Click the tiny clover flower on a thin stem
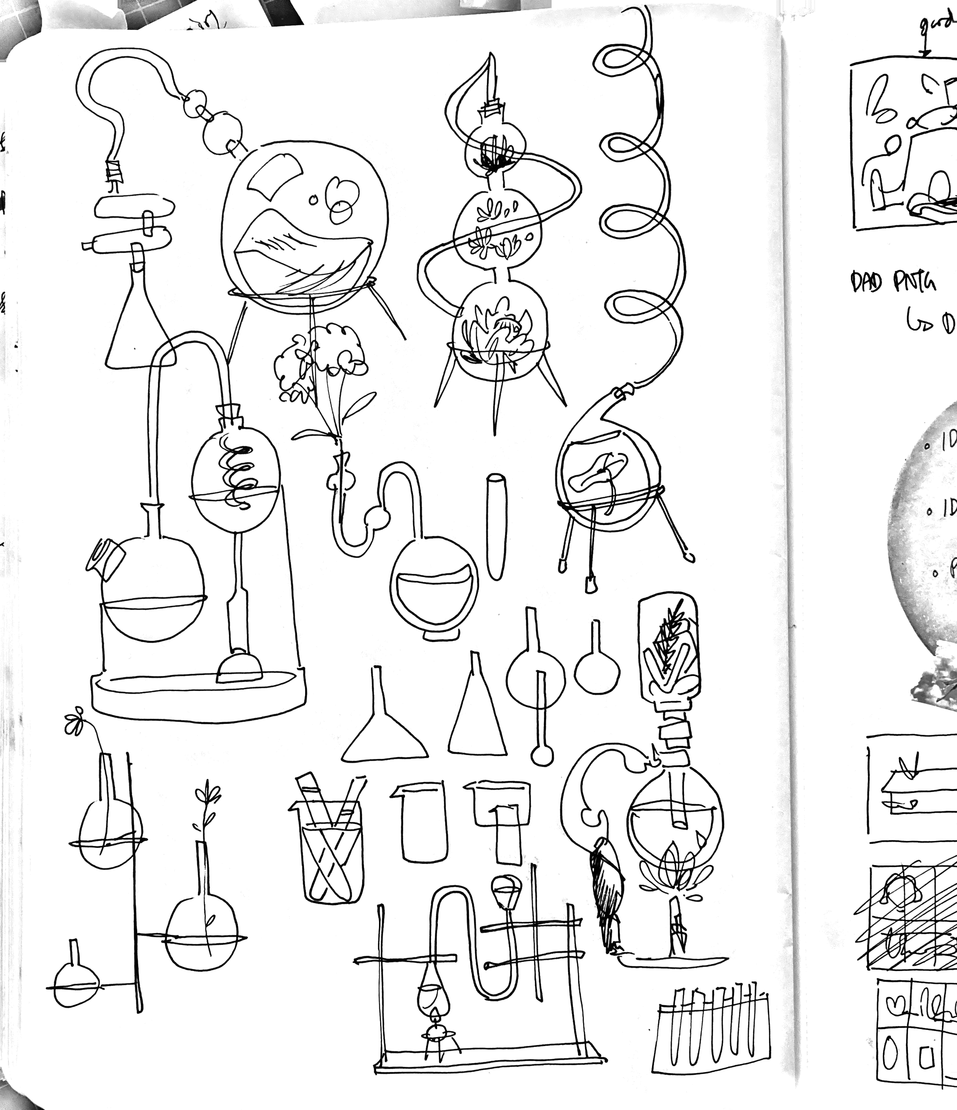click(74, 722)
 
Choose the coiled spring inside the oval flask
click(236, 474)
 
